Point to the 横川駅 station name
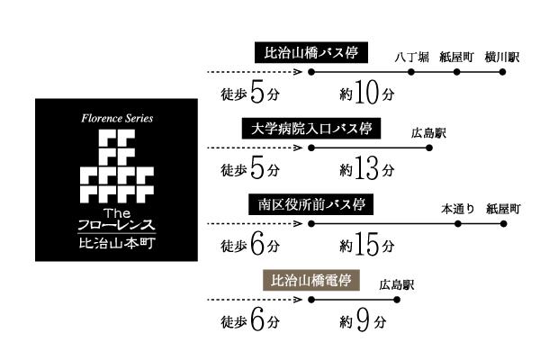click(x=502, y=56)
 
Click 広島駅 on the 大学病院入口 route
click(x=428, y=133)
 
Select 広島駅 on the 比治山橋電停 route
click(x=396, y=283)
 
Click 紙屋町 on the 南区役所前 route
click(x=503, y=208)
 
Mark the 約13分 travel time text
click(x=367, y=169)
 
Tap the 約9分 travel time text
click(x=364, y=321)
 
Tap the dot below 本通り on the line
click(x=457, y=222)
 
